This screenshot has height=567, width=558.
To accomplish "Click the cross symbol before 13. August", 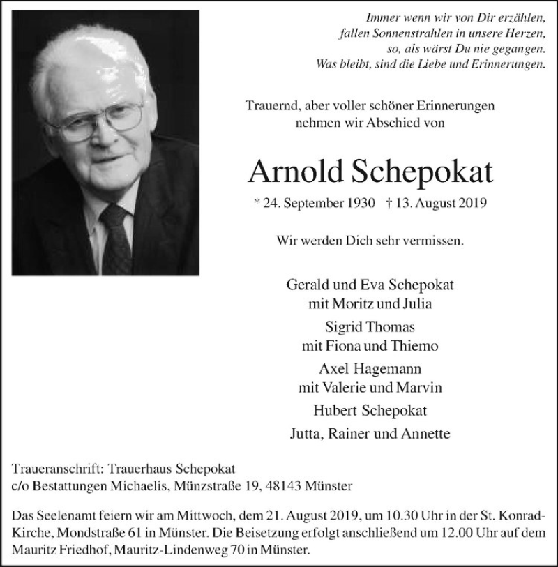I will (387, 204).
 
